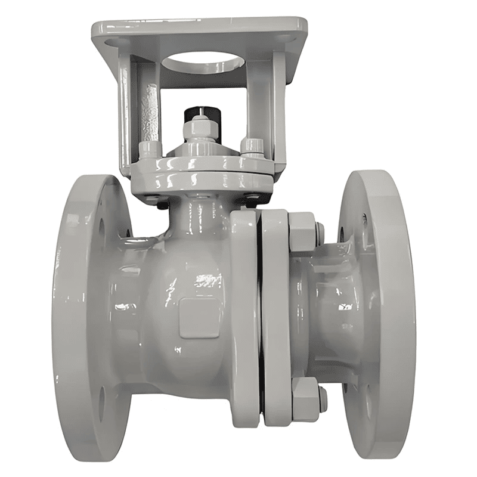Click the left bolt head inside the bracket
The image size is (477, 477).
tap(148, 147)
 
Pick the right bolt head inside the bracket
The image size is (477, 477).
tap(252, 145)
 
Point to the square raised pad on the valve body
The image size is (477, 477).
tap(199, 317)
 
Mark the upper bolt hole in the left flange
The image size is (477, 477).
tap(101, 226)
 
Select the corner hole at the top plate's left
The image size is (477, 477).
tap(110, 44)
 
